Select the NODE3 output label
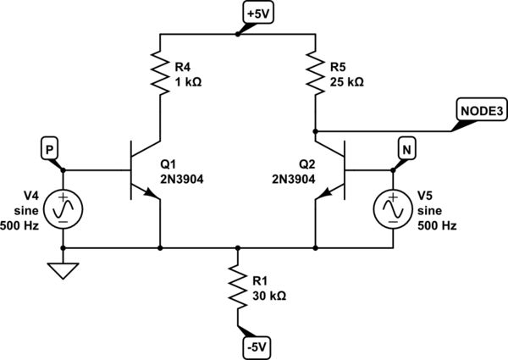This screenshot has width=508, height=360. (480, 111)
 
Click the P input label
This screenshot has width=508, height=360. (50, 148)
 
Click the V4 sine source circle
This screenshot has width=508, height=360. (63, 208)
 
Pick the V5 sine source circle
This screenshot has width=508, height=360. (394, 208)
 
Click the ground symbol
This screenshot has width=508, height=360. (63, 272)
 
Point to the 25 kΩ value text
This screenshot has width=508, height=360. (346, 83)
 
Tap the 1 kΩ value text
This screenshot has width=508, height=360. (188, 83)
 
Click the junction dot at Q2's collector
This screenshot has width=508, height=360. (315, 131)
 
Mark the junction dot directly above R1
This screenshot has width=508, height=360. (238, 248)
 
